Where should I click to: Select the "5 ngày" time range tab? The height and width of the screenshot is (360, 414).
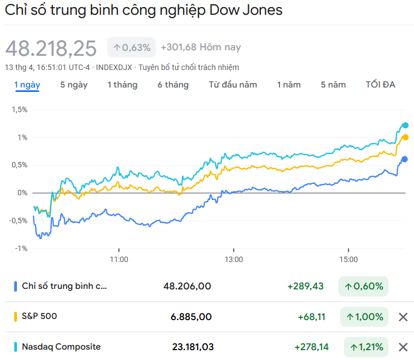[74, 85]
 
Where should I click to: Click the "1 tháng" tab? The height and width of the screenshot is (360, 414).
[123, 85]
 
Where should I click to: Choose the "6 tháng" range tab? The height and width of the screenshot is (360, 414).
[173, 85]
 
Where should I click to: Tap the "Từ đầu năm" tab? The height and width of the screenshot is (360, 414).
[233, 85]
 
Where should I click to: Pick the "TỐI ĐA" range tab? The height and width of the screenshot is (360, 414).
[381, 85]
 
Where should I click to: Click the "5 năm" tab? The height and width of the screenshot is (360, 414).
[333, 85]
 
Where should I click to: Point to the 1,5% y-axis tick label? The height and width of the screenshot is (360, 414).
[19, 109]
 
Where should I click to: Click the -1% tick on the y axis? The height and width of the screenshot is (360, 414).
[20, 248]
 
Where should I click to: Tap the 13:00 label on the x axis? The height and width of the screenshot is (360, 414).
[234, 259]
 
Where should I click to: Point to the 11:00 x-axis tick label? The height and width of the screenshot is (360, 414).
[119, 259]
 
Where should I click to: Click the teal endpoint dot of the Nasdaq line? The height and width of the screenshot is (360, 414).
[405, 125]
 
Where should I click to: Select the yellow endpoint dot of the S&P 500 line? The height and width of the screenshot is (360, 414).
[405, 137]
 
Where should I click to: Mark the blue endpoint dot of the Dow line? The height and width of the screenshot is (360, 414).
[405, 159]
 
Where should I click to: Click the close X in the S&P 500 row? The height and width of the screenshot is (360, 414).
[403, 317]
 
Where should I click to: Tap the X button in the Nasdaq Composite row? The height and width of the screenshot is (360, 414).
[403, 347]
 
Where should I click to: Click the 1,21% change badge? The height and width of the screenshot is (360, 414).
[366, 347]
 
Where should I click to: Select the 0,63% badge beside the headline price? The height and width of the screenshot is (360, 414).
[132, 48]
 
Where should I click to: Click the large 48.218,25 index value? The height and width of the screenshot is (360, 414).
[51, 48]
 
